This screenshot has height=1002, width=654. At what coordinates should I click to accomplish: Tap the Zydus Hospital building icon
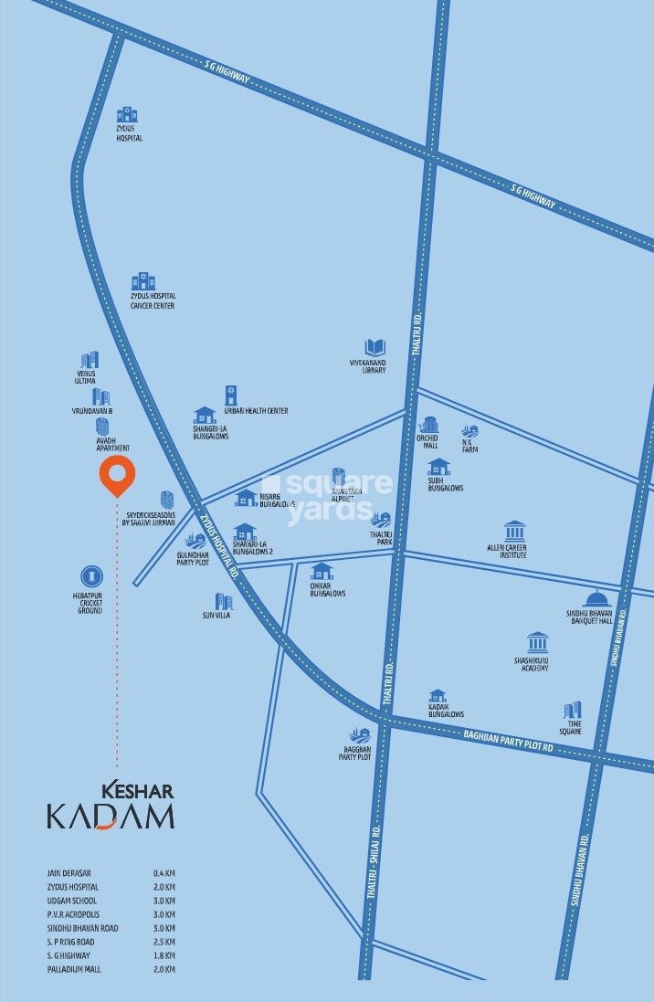(127, 115)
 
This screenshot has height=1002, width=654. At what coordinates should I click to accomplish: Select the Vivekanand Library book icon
(374, 348)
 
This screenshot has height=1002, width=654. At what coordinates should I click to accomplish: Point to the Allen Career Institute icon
(515, 531)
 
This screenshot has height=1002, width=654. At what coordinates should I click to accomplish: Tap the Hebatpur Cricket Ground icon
(90, 575)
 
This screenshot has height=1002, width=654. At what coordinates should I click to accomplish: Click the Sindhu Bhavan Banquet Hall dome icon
(596, 599)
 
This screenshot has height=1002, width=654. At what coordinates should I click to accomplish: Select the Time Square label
(570, 728)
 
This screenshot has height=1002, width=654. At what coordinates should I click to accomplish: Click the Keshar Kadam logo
(111, 805)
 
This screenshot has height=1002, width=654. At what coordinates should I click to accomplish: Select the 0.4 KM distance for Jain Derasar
(164, 874)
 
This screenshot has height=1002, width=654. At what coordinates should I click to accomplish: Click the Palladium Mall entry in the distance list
(72, 968)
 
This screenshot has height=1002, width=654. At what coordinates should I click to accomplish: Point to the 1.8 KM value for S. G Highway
(164, 955)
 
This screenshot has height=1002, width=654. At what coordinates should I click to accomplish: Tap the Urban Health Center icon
(231, 394)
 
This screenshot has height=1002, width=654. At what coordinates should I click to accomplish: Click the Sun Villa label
(216, 616)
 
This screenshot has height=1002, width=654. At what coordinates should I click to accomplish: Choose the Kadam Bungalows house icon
(438, 696)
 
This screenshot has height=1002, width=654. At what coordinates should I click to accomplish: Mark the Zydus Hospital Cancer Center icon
(142, 281)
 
